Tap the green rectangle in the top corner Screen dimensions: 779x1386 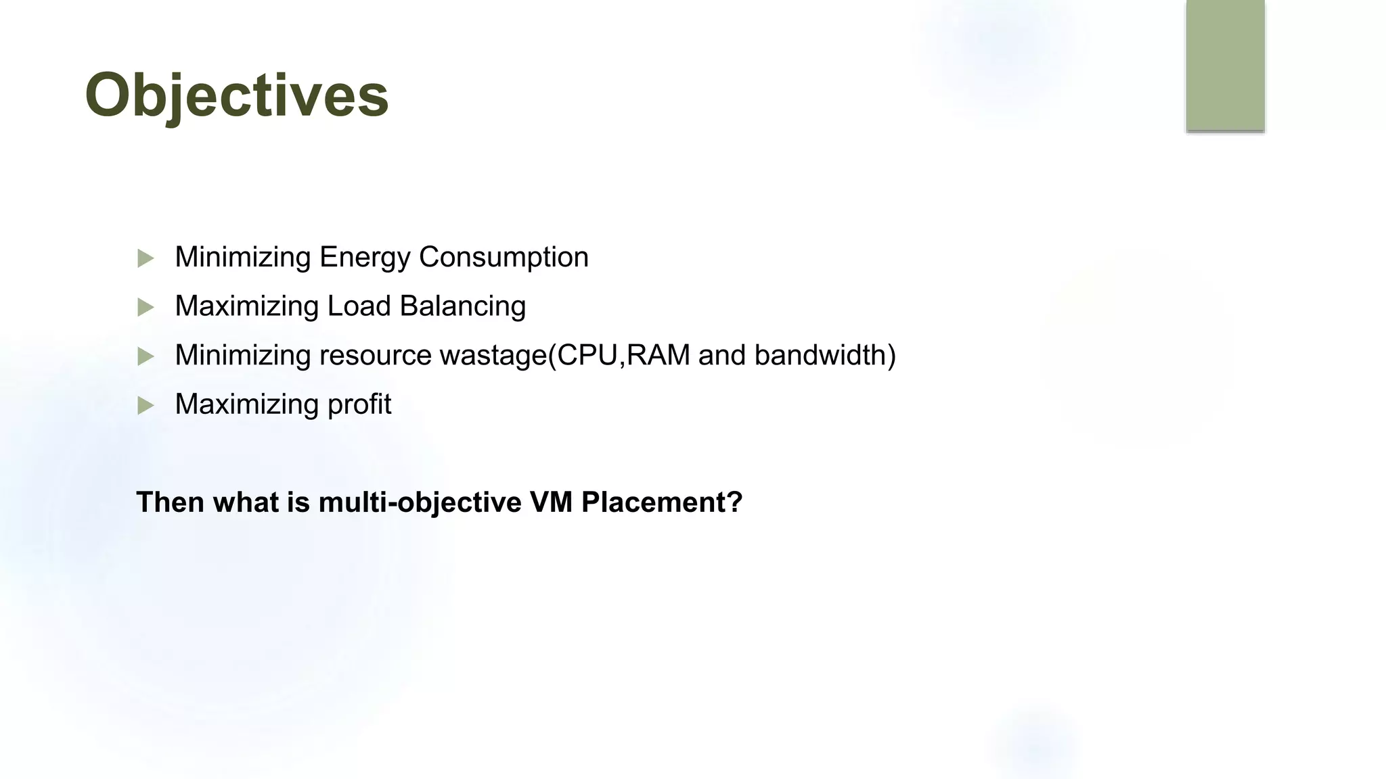click(x=1225, y=65)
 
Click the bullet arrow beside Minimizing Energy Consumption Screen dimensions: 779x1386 click(x=146, y=258)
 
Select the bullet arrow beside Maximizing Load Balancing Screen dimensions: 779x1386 click(x=146, y=308)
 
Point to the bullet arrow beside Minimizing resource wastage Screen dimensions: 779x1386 click(x=146, y=356)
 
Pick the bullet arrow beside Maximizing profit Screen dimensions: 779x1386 click(x=146, y=406)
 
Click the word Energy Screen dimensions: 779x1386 click(x=365, y=258)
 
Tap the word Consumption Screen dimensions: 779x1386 click(x=504, y=258)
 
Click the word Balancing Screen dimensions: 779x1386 click(x=463, y=306)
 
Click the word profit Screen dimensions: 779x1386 click(x=359, y=405)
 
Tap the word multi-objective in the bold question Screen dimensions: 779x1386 click(x=420, y=502)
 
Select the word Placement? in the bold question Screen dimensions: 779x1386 click(x=662, y=502)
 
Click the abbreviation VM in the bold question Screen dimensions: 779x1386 click(x=551, y=502)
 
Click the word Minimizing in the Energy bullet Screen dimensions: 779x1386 click(x=243, y=258)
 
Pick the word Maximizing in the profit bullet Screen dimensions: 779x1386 click(x=247, y=404)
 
